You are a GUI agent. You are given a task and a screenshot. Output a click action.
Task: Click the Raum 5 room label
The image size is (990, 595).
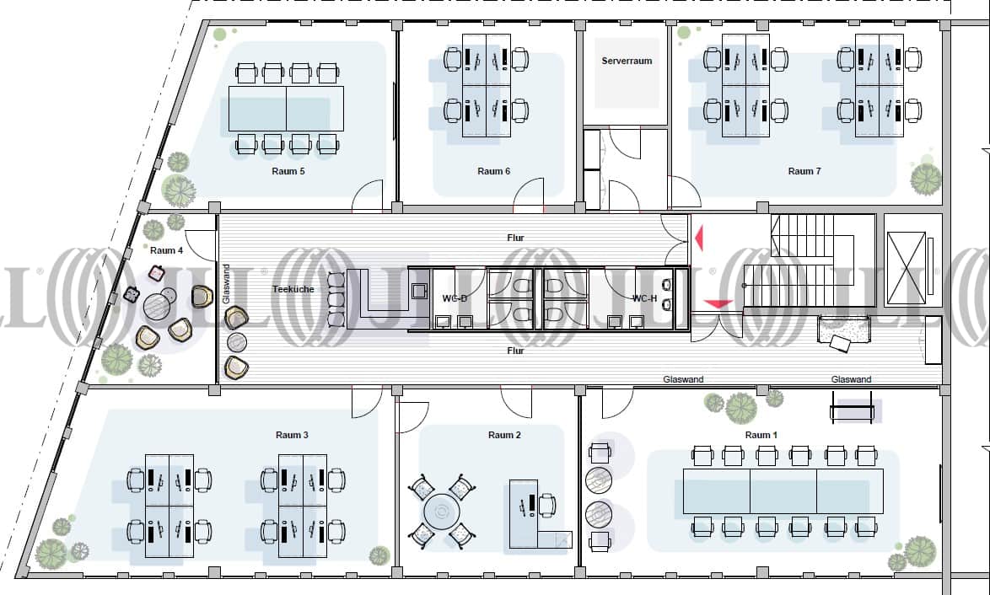point(288,171)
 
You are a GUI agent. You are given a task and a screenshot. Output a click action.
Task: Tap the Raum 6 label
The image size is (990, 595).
point(494,171)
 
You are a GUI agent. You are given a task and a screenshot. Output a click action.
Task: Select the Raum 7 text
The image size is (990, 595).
point(804,171)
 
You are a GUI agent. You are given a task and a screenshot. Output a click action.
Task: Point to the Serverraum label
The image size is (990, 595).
point(627,61)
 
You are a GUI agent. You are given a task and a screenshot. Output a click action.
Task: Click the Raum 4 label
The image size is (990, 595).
point(166,250)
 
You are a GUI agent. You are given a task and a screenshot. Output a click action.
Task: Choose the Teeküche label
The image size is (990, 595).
point(292,288)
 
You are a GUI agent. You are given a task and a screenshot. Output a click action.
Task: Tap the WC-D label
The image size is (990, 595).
point(455,298)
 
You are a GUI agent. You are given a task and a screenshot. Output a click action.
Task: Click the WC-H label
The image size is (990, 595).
point(645,298)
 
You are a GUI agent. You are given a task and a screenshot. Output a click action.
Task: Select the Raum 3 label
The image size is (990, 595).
point(292,435)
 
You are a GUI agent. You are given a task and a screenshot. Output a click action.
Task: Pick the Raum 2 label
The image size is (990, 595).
point(504,435)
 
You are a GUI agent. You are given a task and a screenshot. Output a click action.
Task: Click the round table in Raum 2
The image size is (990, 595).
point(439,510)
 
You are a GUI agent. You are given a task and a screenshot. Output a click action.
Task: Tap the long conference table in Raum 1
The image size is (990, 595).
point(783,491)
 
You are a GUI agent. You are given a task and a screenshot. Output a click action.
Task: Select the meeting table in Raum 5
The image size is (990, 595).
point(286,108)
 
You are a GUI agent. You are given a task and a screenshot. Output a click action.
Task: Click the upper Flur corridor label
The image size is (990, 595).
point(515,238)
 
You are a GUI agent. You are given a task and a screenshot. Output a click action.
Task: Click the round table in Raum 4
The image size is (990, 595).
point(158,307)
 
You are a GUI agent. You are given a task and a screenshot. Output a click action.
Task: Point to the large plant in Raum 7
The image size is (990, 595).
point(925,179)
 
